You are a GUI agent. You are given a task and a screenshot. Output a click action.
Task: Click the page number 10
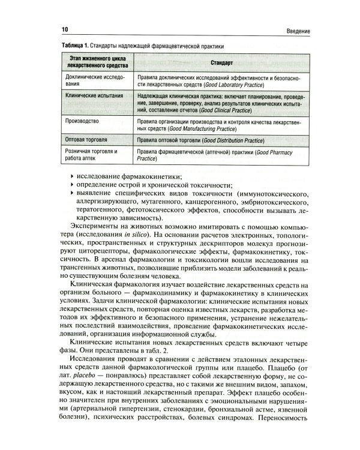tap(64, 29)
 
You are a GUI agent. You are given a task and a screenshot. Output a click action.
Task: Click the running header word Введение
tap(295, 30)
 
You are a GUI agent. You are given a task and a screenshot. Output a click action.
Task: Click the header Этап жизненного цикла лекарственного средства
tap(95, 63)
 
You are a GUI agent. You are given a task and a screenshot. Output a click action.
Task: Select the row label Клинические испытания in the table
tap(94, 96)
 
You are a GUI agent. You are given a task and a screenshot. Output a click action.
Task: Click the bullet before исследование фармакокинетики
tap(73, 176)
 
